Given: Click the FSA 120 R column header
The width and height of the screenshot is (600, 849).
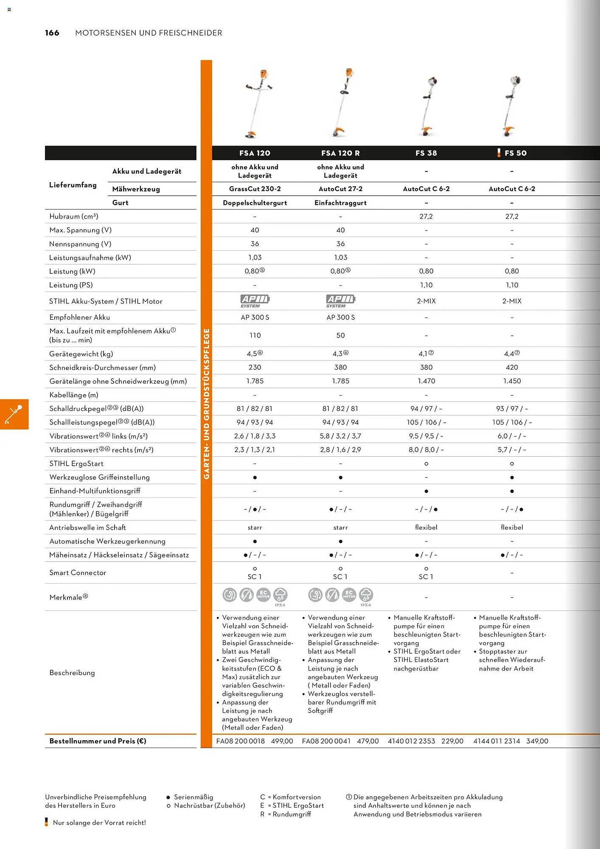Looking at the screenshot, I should tap(340, 153).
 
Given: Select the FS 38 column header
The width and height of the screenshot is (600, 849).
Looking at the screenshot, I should tap(426, 153).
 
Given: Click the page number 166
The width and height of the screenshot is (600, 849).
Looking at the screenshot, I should tap(52, 33).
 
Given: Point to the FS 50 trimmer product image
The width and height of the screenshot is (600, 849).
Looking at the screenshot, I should tap(511, 106).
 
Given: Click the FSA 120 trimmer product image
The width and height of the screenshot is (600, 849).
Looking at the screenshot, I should tap(257, 104).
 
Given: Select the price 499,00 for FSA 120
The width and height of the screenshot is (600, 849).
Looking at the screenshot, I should tap(282, 741).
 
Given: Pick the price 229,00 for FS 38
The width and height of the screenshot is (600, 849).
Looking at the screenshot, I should tap(452, 741).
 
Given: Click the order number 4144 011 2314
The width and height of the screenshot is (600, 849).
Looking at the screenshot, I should tap(496, 741).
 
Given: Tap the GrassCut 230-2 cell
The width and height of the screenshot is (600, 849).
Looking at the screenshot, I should tap(255, 189).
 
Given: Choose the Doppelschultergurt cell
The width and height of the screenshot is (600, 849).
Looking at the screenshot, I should tap(255, 203).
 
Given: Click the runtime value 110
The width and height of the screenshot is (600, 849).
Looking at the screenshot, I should tap(255, 335).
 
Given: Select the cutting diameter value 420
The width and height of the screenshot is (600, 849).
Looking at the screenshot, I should tap(512, 368).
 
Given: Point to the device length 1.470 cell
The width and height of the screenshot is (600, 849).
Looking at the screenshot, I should tap(426, 381).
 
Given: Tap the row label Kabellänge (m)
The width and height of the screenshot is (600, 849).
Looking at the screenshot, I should tap(74, 395).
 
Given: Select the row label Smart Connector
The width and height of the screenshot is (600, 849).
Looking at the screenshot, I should tap(78, 573).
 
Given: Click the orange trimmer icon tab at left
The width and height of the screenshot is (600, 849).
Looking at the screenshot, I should tap(14, 414).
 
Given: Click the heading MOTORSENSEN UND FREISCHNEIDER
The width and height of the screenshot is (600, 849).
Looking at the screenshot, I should tap(149, 33).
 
